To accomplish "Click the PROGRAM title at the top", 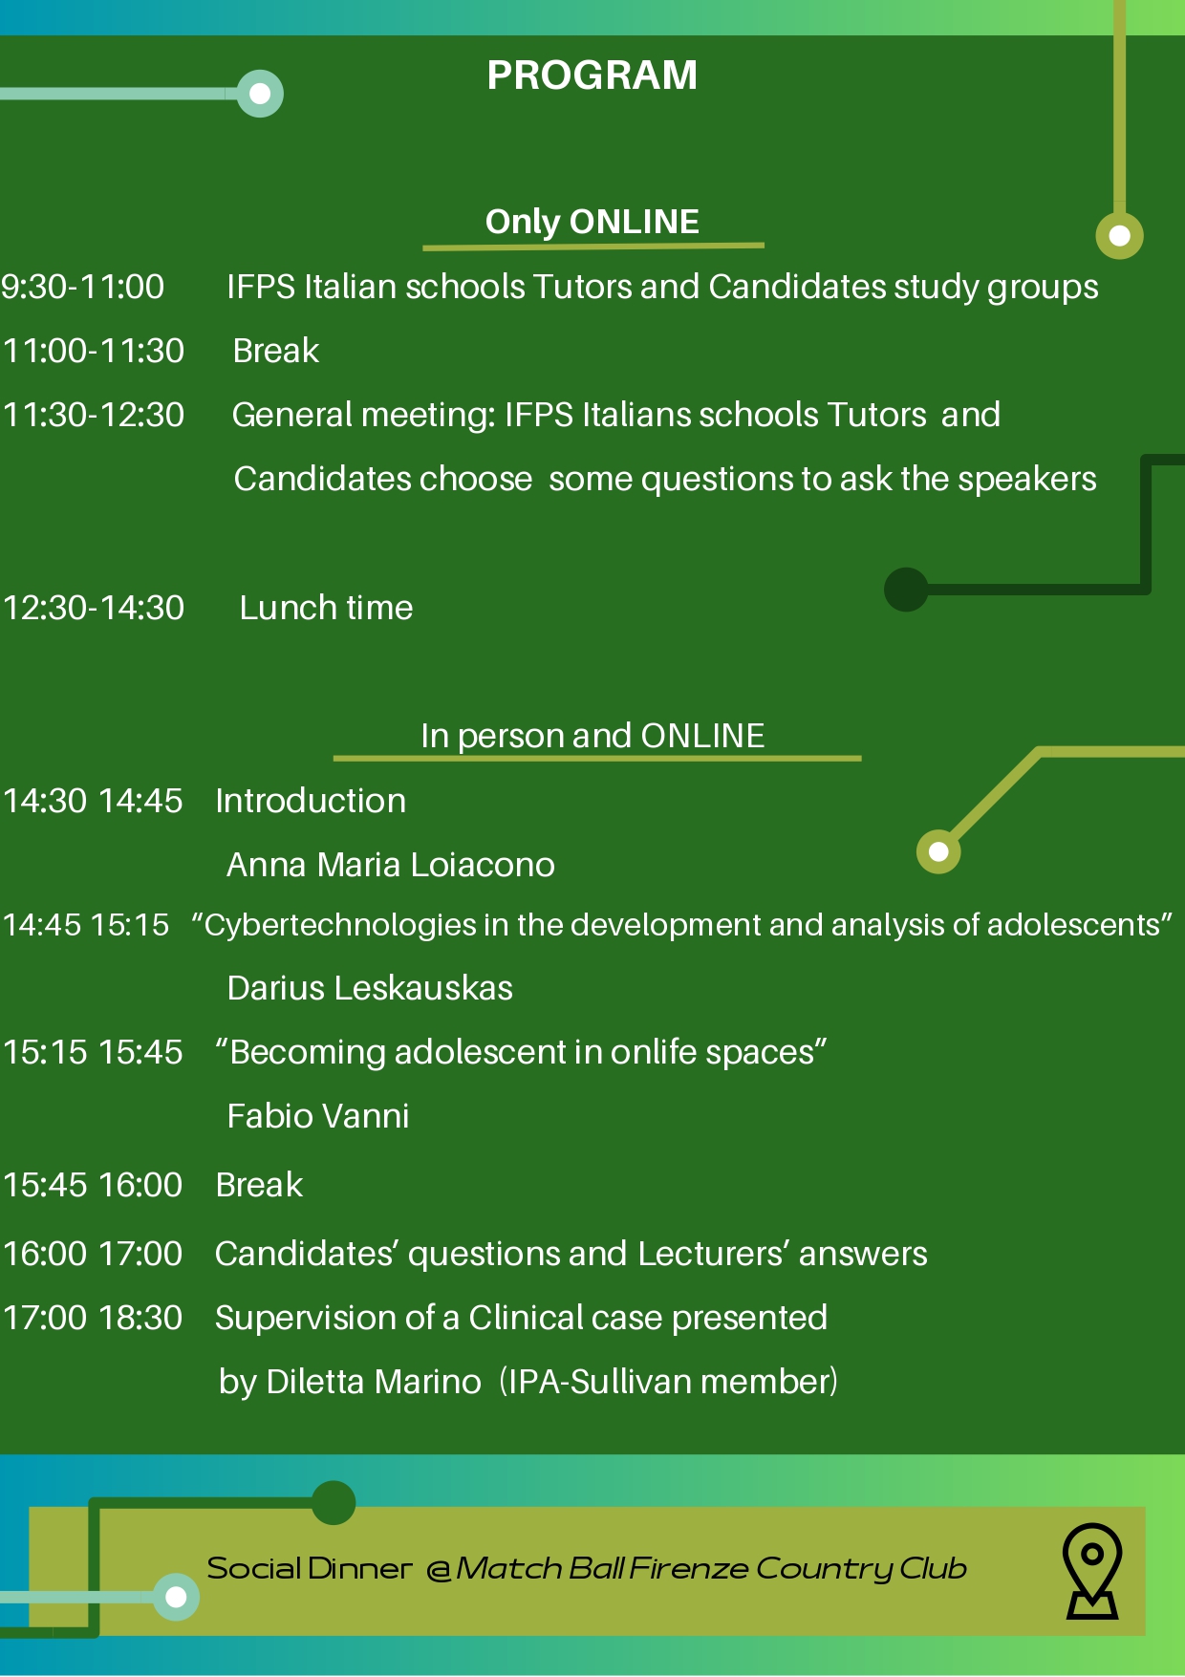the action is click(x=592, y=75).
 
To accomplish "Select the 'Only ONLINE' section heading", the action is click(x=592, y=222).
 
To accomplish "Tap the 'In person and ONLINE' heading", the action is click(x=592, y=736).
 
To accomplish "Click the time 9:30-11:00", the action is click(x=83, y=287).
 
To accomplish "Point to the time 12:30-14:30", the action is click(x=94, y=608).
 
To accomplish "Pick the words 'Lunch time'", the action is click(x=326, y=608).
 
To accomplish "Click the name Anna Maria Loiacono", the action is click(x=391, y=865).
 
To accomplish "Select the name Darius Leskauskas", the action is click(x=370, y=988).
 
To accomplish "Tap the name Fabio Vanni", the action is click(x=318, y=1116).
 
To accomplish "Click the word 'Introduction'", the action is click(x=311, y=801).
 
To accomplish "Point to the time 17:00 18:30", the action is click(x=93, y=1318).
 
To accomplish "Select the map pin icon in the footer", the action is click(x=1092, y=1570).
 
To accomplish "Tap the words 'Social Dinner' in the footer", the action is click(x=310, y=1568).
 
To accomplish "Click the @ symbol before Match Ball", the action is click(x=439, y=1570).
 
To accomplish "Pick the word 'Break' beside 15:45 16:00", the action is click(x=259, y=1185).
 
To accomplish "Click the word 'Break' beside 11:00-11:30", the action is click(x=276, y=351).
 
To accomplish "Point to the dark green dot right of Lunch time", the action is click(x=906, y=589).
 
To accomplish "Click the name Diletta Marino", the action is click(x=374, y=1382).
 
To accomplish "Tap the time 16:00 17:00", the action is click(x=93, y=1254).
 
